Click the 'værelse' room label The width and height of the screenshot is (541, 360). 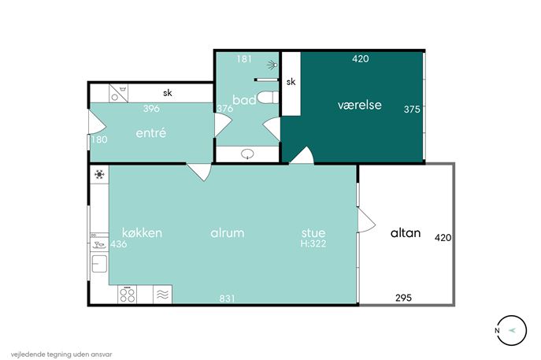360,105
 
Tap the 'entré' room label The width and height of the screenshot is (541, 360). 150,133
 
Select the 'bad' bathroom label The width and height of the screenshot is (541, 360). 244,100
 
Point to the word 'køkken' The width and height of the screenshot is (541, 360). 142,232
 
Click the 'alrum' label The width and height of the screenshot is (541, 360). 227,232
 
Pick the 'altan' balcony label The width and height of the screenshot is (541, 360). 406,233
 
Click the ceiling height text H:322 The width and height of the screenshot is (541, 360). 313,243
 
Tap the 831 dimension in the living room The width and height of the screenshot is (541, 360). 227,298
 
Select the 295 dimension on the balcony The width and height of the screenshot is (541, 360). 403,298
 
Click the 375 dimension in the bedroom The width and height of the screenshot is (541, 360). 412,109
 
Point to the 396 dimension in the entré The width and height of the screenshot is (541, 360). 151,109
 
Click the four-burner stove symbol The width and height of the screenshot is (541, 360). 128,295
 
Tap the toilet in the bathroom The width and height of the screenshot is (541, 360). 268,97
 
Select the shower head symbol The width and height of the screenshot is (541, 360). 273,64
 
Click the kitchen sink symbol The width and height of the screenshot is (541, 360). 99,264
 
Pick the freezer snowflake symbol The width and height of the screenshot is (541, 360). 99,174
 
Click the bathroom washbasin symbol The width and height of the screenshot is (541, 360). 247,154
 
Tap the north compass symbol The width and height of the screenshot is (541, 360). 512,330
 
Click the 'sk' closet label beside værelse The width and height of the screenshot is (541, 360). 291,81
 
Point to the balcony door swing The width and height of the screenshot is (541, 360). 367,221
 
